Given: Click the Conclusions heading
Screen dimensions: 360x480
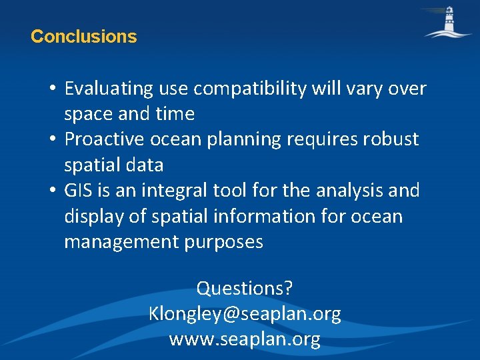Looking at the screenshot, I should [83, 37].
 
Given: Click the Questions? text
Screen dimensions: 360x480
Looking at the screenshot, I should [245, 289].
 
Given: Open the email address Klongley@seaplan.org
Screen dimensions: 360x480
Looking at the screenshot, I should [245, 314].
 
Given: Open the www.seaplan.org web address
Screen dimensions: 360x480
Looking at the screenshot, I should [245, 339].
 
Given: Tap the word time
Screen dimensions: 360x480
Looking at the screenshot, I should [175, 114].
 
